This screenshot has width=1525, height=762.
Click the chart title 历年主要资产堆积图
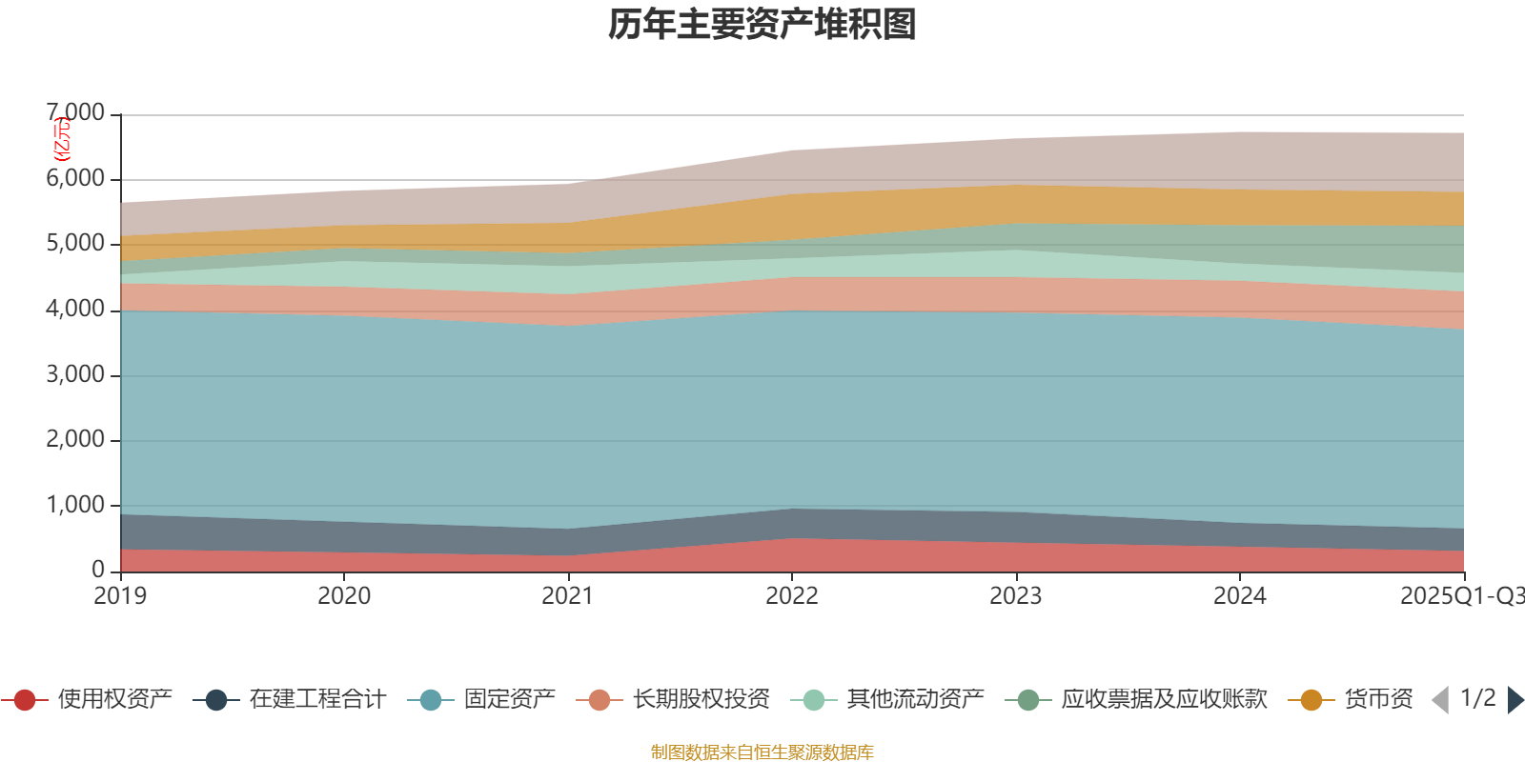(762, 25)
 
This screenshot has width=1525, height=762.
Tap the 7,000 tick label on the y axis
(76, 113)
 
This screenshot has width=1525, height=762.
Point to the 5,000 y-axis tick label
(76, 244)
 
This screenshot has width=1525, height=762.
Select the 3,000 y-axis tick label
(76, 374)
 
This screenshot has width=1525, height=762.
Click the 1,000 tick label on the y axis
(76, 505)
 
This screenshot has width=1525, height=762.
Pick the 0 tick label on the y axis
(98, 570)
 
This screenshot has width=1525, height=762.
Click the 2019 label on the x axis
(120, 596)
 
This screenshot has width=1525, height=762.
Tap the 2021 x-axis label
(568, 596)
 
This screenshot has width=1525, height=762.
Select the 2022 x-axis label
(792, 596)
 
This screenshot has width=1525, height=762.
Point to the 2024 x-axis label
(1239, 596)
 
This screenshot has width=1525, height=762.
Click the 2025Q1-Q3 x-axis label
(1460, 596)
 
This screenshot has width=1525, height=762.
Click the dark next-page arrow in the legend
(1515, 700)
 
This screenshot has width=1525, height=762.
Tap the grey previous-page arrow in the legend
(1440, 700)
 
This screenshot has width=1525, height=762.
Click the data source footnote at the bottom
(762, 752)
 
